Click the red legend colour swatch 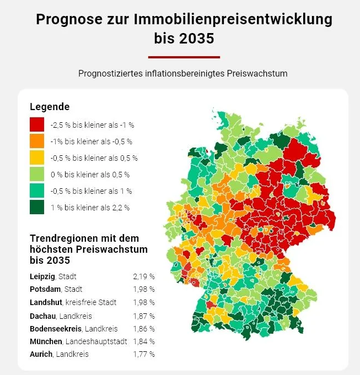37,124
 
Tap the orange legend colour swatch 37,141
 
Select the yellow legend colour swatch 37,157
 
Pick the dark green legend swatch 37,207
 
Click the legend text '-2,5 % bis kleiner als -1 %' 92,125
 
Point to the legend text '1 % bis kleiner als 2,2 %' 90,208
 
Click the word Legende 50,107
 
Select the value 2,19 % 143,276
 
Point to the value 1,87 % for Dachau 143,316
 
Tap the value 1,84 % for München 143,342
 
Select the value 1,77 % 143,355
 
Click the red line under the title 184,57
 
